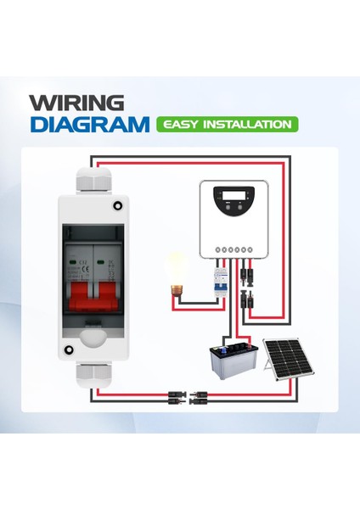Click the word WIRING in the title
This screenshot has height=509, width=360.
point(76,103)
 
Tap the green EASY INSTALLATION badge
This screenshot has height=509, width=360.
point(227,125)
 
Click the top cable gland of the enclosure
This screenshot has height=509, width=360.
point(92,179)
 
